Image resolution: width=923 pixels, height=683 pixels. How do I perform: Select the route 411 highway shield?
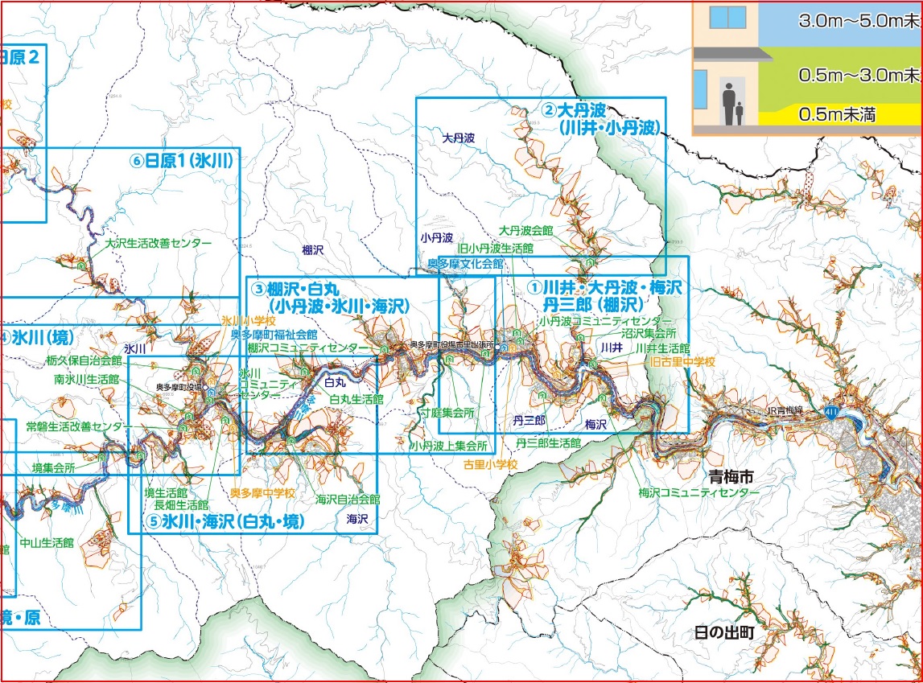(830, 412)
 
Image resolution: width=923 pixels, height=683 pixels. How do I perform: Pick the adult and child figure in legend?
(733, 103)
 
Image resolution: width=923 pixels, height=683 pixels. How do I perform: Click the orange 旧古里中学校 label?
(682, 362)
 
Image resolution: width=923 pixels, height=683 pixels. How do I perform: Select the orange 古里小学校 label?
(490, 464)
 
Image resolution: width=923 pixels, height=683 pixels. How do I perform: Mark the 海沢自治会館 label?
(348, 499)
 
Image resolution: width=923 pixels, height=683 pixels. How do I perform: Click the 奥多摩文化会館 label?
(465, 263)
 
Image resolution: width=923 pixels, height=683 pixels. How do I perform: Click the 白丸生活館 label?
(356, 398)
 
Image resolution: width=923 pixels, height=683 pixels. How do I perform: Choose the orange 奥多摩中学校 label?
(262, 492)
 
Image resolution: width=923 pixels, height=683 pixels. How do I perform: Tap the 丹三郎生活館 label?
(548, 442)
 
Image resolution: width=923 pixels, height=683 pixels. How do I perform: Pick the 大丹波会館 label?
(525, 230)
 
